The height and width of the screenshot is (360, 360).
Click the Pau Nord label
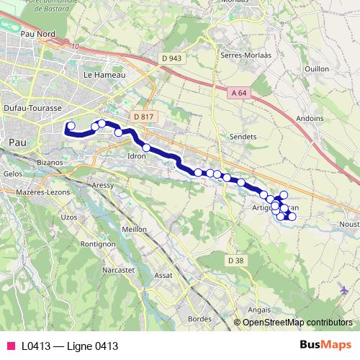pos(39,34)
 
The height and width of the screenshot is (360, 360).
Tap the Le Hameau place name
pos(104,74)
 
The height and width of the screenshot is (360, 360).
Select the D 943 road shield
pos(171,58)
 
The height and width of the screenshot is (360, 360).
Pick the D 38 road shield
pos(236,260)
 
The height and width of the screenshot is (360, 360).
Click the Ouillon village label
pos(317,68)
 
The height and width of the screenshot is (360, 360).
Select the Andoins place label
pos(310,119)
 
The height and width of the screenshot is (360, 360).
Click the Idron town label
pos(137,156)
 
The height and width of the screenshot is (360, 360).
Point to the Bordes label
pos(199,318)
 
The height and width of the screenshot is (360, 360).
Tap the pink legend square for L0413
pos(10,346)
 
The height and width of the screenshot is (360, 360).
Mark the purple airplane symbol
pos(343,290)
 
